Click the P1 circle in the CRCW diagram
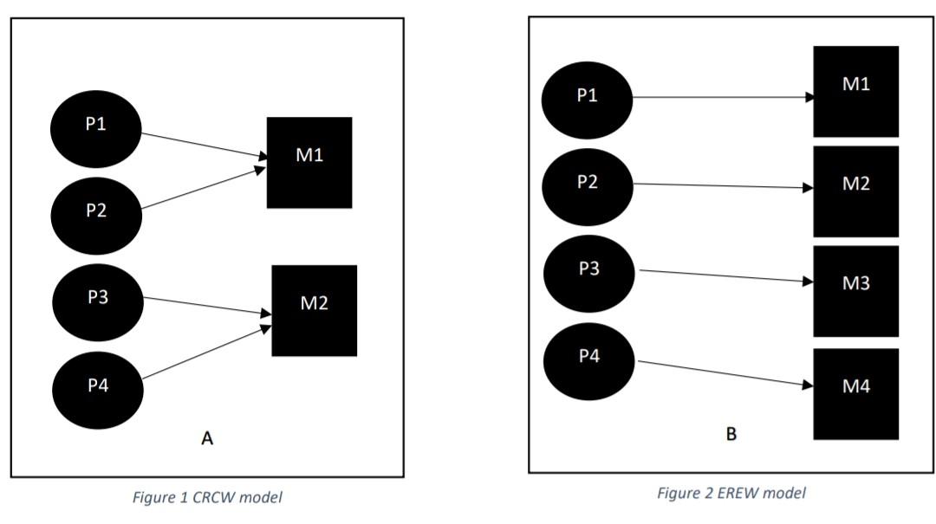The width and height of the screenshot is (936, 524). click(96, 126)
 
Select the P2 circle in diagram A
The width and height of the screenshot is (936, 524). click(96, 211)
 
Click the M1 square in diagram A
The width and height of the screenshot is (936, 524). click(309, 162)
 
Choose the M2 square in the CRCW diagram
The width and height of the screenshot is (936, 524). click(314, 310)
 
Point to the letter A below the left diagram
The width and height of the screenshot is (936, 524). click(207, 439)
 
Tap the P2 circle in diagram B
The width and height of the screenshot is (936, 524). click(587, 184)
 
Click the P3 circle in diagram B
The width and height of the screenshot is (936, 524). click(588, 270)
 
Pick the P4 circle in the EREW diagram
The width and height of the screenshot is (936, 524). click(588, 357)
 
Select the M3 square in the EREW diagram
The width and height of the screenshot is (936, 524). click(855, 291)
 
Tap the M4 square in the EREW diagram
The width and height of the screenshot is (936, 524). click(855, 393)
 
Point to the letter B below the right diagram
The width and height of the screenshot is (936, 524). click(731, 434)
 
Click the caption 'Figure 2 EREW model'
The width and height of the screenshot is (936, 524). click(731, 493)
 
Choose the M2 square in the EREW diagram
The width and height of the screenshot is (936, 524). click(855, 191)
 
